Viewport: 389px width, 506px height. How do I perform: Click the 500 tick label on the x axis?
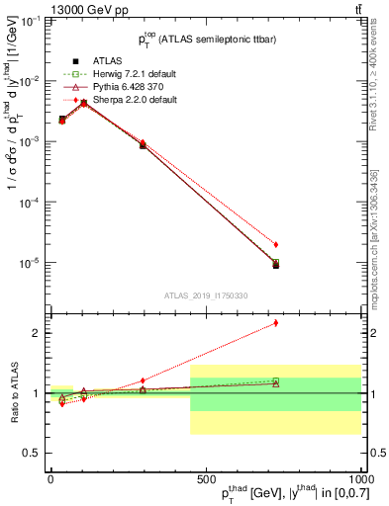[206, 478]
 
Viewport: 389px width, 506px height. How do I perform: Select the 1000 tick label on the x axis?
[358, 478]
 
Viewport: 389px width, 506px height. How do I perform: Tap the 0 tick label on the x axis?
[50, 478]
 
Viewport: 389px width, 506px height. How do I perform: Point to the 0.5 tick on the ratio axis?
[36, 453]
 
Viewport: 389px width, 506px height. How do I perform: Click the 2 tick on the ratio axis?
[40, 333]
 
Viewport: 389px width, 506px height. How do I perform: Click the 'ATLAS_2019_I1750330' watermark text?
[206, 295]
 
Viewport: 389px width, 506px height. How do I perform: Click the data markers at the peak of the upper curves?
[84, 102]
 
